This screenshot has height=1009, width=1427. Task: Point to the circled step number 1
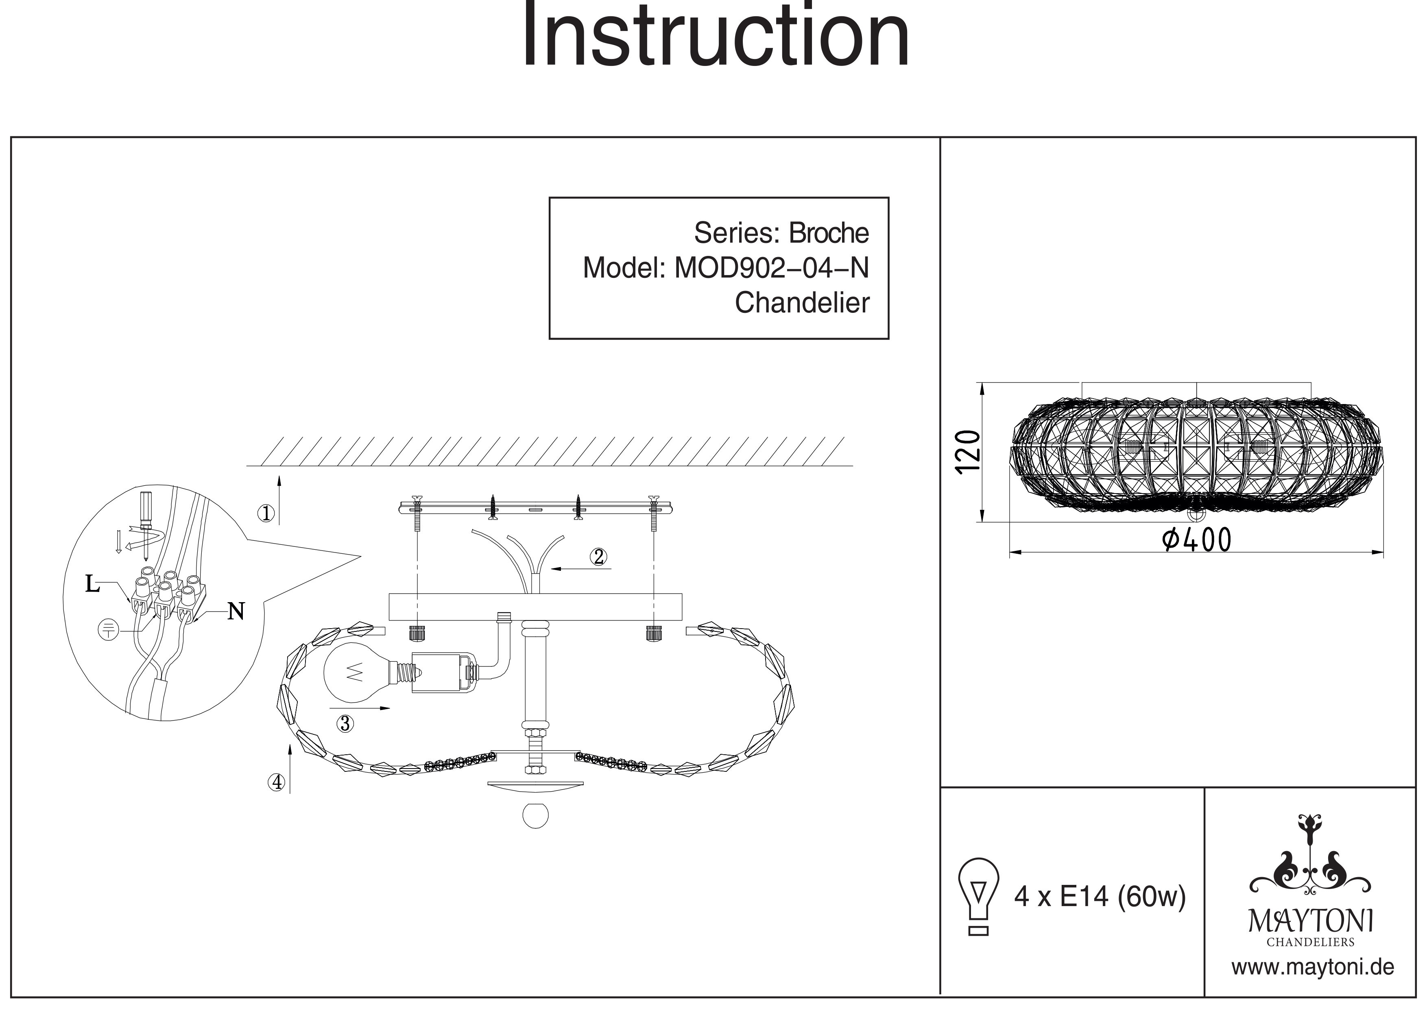click(266, 513)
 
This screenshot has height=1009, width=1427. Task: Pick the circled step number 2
click(598, 557)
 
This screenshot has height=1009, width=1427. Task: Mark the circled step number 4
click(277, 782)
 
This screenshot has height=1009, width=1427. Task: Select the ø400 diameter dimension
click(1196, 540)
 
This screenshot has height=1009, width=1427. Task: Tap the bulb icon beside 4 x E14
click(979, 895)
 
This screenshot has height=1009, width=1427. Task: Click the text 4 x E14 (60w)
click(1100, 896)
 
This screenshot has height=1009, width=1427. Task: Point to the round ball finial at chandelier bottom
click(535, 815)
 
